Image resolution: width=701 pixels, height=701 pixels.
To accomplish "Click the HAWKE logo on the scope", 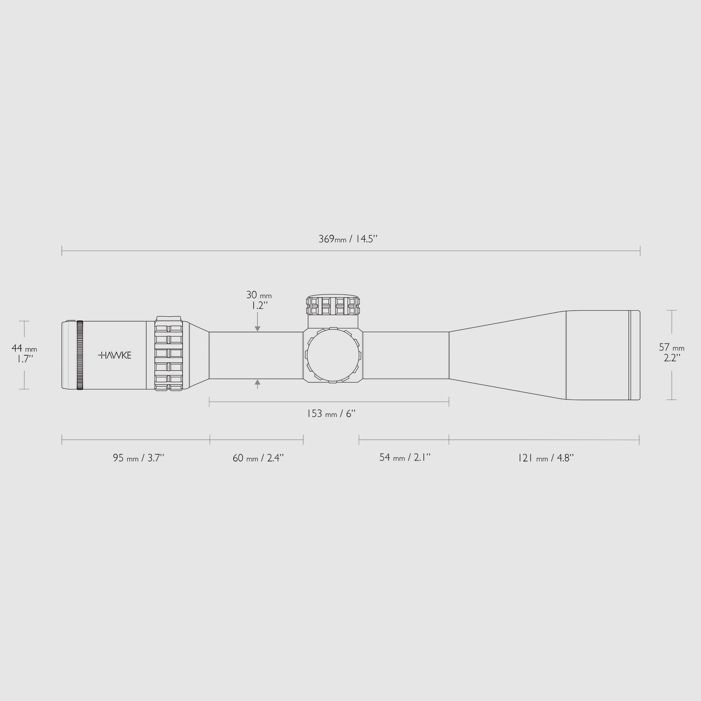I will tap(115, 355).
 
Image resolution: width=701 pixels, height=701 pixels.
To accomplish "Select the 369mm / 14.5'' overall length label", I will tap(348, 239).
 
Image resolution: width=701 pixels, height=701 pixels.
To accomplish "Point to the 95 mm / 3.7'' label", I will tap(139, 458).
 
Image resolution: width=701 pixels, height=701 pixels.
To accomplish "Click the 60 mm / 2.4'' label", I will tap(258, 458).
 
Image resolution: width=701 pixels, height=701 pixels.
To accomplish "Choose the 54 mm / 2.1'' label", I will tap(405, 457).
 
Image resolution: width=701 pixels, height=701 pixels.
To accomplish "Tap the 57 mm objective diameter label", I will tap(672, 348).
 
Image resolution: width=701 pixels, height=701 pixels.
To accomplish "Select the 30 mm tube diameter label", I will tap(259, 295).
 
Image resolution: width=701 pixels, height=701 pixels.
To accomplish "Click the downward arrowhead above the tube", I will tap(257, 329).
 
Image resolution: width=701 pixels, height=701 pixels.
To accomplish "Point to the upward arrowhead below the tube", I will tap(257, 382).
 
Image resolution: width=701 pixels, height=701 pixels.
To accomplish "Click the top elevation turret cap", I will tap(333, 305).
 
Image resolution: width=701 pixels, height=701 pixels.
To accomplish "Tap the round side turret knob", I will tap(333, 355).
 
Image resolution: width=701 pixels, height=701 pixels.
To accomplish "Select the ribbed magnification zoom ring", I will tap(169, 354).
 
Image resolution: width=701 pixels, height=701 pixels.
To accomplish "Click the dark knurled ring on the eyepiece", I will tap(80, 355).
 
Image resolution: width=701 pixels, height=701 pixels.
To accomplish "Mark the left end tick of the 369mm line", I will tap(62, 251).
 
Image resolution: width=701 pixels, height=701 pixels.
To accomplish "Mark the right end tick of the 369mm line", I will tap(640, 251).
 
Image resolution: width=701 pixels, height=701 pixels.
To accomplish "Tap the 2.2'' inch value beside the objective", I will tap(672, 358).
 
